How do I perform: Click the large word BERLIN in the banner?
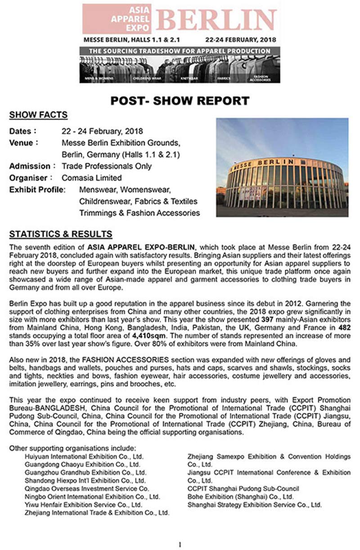point(217,20)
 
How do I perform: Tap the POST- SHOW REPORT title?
point(180,100)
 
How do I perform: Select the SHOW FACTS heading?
point(38,115)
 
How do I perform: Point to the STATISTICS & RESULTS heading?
point(61,234)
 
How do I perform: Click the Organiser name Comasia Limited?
point(92,178)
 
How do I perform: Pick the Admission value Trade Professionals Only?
point(107,166)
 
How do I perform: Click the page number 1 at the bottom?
point(180,545)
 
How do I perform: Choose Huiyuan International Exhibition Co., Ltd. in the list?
point(84,456)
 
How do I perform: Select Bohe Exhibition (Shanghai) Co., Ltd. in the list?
point(240,497)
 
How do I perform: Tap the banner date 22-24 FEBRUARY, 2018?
point(240,39)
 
